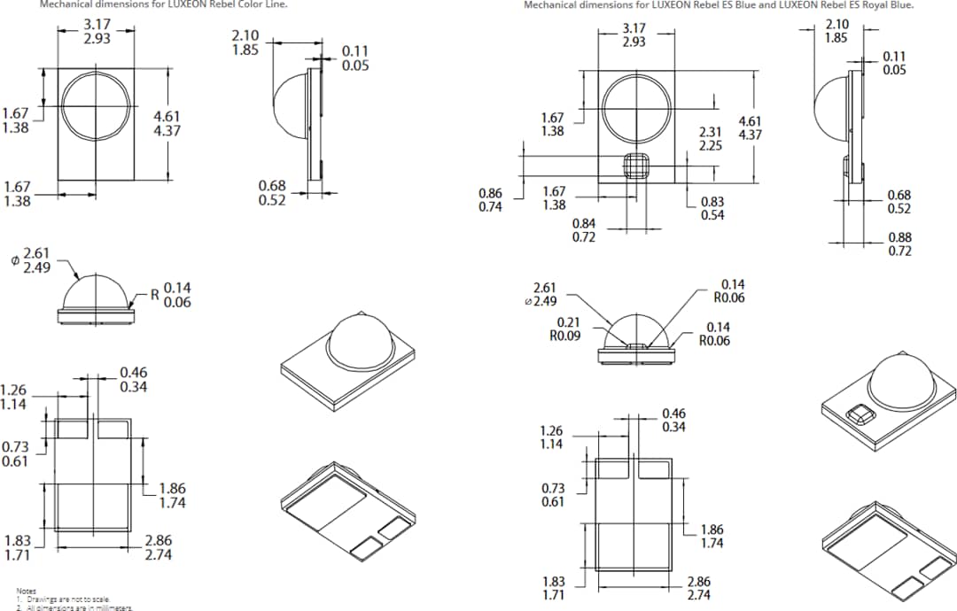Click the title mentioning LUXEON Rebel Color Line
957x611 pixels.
(164, 4)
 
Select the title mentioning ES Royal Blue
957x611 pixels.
(719, 4)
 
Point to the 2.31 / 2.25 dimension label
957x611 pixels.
(711, 138)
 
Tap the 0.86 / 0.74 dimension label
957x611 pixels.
(490, 199)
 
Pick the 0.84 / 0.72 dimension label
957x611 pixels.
(584, 230)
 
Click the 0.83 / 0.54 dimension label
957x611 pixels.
(712, 208)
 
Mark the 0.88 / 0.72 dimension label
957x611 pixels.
(899, 244)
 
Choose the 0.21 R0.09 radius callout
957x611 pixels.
(568, 329)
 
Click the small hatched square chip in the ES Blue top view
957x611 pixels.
(634, 166)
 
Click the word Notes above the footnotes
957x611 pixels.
(26, 591)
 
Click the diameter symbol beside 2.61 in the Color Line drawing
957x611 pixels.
(14, 260)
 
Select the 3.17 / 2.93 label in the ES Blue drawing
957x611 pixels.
(634, 35)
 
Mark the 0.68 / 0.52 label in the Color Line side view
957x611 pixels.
(272, 192)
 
